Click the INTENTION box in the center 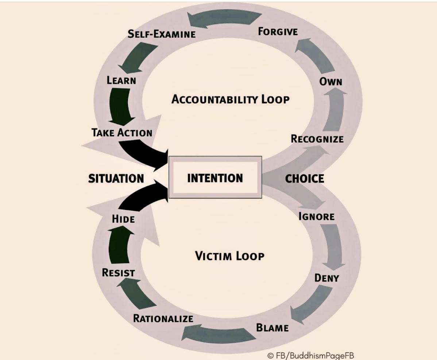tap(215, 177)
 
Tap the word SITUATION tap(116, 178)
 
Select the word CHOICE tap(305, 178)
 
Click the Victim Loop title tap(230, 256)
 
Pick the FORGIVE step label tap(278, 31)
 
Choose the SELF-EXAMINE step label tap(162, 34)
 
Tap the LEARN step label tap(121, 80)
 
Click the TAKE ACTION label tap(121, 133)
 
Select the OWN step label tap(331, 81)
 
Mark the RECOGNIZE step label tap(317, 139)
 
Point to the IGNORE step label tap(316, 216)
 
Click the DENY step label tap(326, 278)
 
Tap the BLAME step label tap(272, 328)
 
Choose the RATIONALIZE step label tap(163, 318)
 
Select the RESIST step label tap(119, 272)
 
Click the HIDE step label tap(123, 219)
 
